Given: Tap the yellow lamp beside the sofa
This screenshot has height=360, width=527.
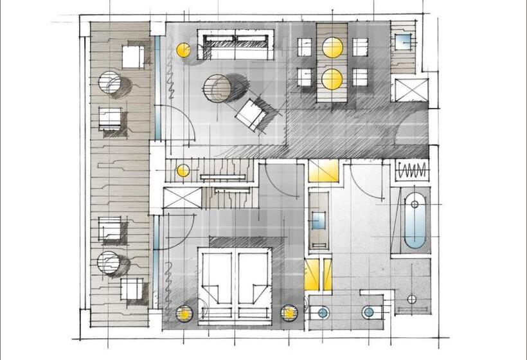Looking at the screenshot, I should coord(183,50).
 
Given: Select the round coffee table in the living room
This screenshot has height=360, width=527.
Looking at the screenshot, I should coord(220,88).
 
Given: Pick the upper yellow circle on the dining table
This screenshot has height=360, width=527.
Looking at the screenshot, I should coord(332,48).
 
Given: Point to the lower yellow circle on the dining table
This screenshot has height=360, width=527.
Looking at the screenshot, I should coord(332,79).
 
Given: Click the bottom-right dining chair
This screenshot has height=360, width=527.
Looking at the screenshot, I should coord(360,78).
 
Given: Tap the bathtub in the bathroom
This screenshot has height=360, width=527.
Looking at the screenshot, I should coord(415,222).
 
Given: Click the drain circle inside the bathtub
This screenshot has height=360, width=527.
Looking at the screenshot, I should coord(415,204).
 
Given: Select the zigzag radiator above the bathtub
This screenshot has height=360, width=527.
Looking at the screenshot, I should coord(411,171).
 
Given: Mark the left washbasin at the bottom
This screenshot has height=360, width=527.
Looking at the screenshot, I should coord(323,312).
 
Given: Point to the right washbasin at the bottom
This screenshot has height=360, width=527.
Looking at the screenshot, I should coord(368,312).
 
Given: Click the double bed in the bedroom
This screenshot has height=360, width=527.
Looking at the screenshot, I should coord(234,280).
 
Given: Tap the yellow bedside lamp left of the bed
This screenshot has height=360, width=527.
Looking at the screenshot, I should coord(184,314).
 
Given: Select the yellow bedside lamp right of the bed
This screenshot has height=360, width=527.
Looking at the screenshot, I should coord(289,313).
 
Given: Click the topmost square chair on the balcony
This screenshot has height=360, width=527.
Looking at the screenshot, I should coord(133,57).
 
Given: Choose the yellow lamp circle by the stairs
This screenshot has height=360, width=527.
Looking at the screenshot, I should coord(183,170).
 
